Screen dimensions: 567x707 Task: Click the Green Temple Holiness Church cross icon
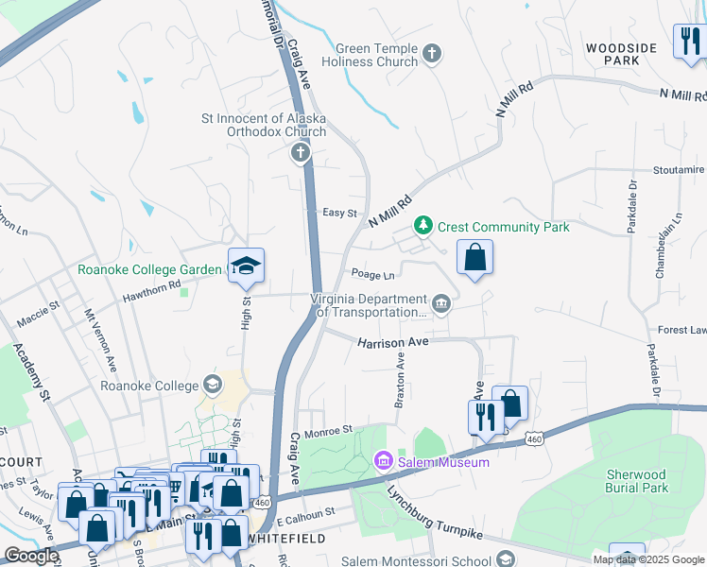coord(433,54)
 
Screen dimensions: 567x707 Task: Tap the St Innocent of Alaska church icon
coord(301,153)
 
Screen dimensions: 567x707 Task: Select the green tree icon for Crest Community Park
coord(424,227)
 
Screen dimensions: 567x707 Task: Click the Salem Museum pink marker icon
coord(383,461)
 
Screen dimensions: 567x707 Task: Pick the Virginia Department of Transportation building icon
coord(441,303)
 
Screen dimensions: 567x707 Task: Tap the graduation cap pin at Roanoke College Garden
coord(246,267)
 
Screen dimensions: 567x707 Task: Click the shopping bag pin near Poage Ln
coord(475,257)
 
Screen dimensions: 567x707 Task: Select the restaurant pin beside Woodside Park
coord(688,42)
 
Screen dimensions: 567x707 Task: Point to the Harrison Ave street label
coord(393,343)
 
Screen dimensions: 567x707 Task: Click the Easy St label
coord(339,214)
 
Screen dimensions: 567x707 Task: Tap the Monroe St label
coord(327,429)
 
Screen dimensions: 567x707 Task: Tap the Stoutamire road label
coord(679,170)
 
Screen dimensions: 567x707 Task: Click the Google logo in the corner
coord(31,557)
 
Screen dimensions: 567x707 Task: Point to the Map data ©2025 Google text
coord(647,559)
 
